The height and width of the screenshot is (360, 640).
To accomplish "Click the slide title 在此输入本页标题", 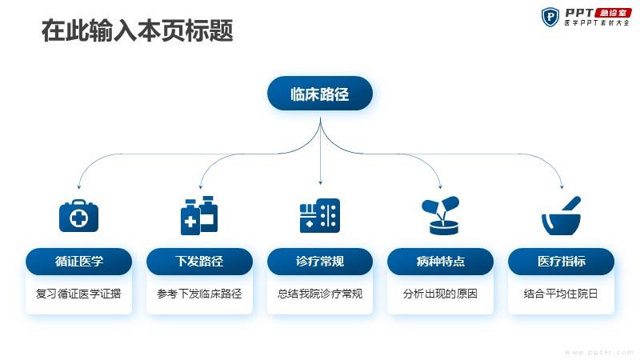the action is click(137, 30).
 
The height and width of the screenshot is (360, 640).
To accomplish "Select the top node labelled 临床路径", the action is click(320, 94).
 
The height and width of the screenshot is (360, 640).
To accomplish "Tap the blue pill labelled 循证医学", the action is click(78, 262).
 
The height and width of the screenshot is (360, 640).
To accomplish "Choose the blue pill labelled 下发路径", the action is click(199, 262).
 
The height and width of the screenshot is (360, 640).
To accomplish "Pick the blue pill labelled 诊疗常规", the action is click(320, 262).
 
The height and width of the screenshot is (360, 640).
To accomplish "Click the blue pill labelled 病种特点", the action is click(441, 262).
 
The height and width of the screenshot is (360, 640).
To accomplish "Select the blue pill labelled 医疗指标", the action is click(562, 262).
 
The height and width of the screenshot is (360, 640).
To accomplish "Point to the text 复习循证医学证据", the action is click(78, 294).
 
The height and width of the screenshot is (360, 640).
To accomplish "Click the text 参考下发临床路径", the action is click(199, 294).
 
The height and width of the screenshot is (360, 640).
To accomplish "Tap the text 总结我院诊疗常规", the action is click(320, 294).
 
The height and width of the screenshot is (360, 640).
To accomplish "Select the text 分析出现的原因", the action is click(440, 294).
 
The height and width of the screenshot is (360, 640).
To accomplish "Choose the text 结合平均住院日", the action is click(561, 294).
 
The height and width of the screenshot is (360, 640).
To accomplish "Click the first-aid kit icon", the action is click(78, 216).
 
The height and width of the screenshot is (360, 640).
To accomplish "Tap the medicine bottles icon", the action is click(199, 215).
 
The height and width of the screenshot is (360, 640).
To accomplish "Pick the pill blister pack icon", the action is click(320, 216).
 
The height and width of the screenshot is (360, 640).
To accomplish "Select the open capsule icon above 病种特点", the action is click(441, 215).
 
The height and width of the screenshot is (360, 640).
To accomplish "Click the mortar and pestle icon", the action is click(562, 215).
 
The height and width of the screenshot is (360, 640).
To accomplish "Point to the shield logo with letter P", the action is click(550, 17).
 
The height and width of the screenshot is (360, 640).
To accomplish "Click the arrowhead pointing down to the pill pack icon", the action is click(321, 182).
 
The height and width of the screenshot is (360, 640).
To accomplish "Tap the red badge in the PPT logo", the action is click(613, 13).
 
